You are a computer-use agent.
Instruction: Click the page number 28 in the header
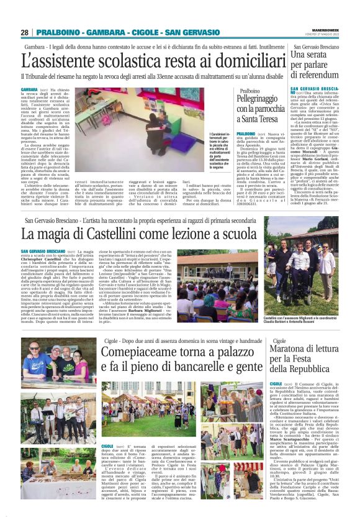click(x=24, y=32)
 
